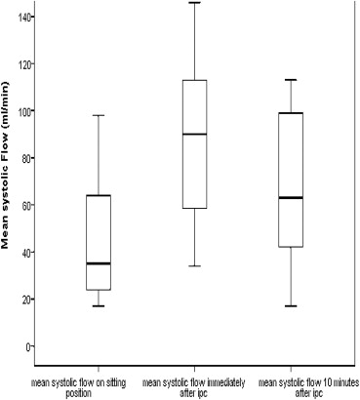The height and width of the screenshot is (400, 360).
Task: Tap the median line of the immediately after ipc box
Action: point(194,134)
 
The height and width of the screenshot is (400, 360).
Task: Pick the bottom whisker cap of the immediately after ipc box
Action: point(194,266)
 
